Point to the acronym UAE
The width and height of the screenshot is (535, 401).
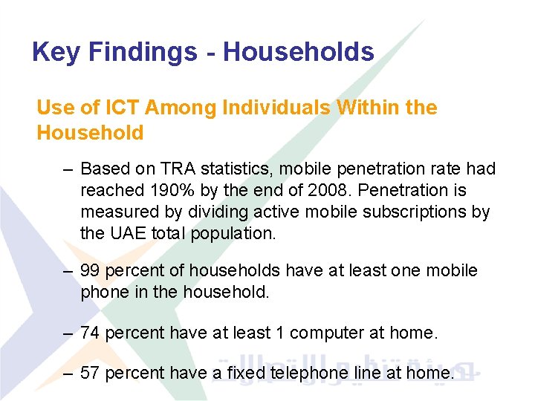coord(123,233)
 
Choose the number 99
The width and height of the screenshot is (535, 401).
coord(90,271)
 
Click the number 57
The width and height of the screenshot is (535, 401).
coord(90,373)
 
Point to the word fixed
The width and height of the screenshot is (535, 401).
coord(232,373)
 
